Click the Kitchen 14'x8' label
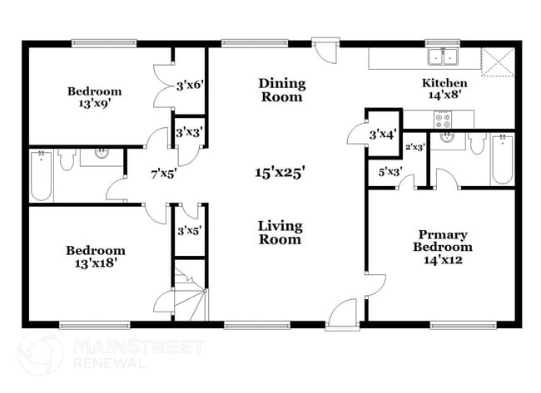(x=444, y=89)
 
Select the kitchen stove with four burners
(x=443, y=120)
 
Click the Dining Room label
(x=281, y=90)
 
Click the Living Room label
(x=280, y=233)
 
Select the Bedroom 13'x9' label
(x=94, y=97)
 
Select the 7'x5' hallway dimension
(x=162, y=174)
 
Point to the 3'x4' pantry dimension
(x=384, y=133)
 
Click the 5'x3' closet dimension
(x=390, y=173)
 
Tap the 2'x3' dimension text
(x=414, y=147)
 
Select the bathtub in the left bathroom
(x=42, y=175)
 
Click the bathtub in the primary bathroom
(x=502, y=159)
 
